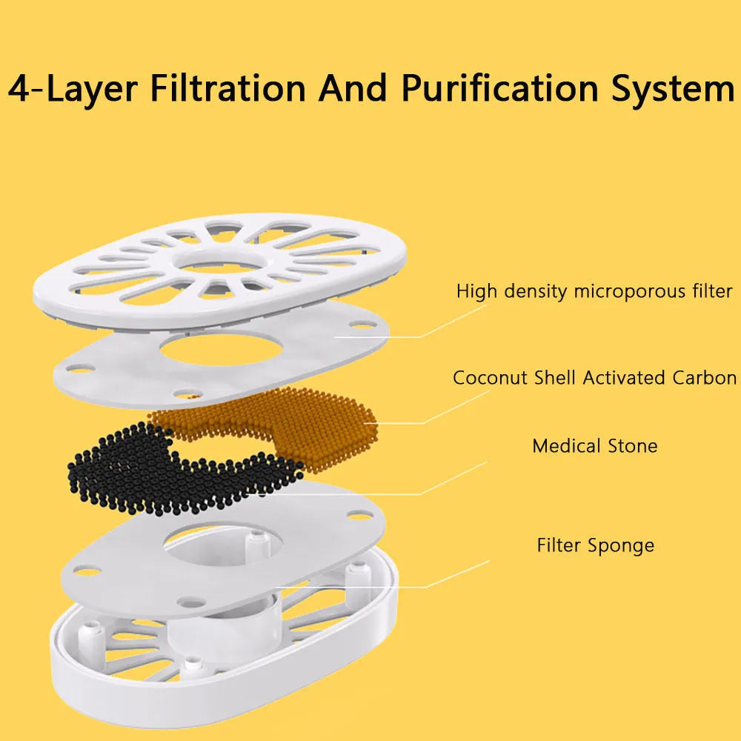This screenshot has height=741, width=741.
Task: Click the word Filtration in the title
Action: point(227,88)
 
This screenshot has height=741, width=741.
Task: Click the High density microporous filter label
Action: point(594,291)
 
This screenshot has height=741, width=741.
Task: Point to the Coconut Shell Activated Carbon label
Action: point(594,378)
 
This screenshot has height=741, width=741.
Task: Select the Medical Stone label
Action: point(594,445)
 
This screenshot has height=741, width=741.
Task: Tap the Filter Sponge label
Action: point(596,545)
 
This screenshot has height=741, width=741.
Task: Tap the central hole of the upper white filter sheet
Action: point(221,350)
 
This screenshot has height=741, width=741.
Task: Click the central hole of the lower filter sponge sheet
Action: point(223,543)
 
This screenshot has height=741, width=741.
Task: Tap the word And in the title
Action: point(353,88)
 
